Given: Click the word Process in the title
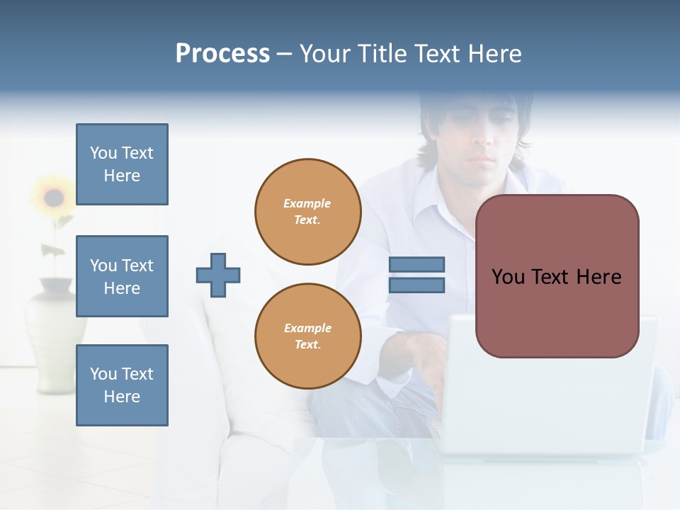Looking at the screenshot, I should tap(222, 54).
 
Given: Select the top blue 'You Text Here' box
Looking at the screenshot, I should tap(122, 164).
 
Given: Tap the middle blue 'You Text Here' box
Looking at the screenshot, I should tap(122, 276).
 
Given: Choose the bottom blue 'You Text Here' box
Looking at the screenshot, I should tap(122, 385).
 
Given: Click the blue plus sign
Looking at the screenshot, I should tap(218, 275).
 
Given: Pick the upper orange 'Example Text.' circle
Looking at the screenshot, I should tap(308, 212).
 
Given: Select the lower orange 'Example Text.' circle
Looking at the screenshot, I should tap(308, 336).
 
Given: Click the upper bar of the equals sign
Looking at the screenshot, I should tap(416, 265).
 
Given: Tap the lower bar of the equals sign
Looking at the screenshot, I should tap(416, 285).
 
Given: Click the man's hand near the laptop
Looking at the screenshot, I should tap(425, 354).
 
